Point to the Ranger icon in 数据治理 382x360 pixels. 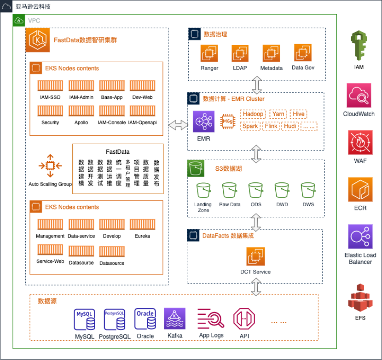tap(209, 54)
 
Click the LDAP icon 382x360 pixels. tap(240, 54)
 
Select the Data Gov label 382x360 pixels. tap(303, 68)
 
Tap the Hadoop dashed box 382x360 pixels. tap(253, 114)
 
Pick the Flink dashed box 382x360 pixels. tap(271, 126)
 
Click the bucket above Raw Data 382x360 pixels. tap(229, 190)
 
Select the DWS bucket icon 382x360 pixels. tap(308, 190)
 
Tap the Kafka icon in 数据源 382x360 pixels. tap(174, 319)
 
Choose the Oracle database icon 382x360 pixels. tap(145, 319)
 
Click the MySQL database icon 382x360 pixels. tap(85, 319)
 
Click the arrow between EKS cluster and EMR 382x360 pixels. tap(178, 125)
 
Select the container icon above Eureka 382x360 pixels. tap(142, 224)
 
